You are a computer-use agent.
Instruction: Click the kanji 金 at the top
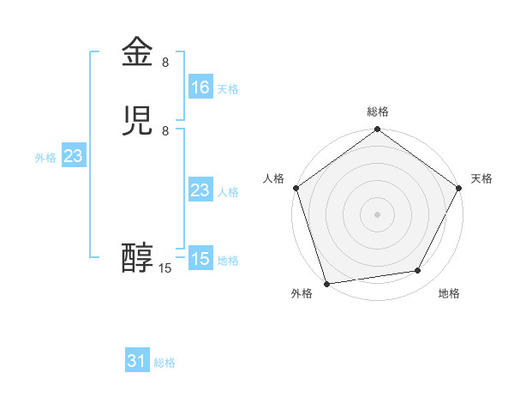pyautogui.click(x=137, y=52)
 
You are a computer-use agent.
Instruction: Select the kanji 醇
pyautogui.click(x=137, y=258)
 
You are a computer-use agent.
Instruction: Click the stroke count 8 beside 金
pyautogui.click(x=165, y=62)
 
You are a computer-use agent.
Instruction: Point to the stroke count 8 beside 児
pyautogui.click(x=165, y=130)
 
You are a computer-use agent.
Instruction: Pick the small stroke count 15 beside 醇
pyautogui.click(x=165, y=268)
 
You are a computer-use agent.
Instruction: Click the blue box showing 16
pyautogui.click(x=200, y=87)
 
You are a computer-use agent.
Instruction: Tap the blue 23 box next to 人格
pyautogui.click(x=200, y=190)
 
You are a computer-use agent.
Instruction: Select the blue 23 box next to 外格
pyautogui.click(x=73, y=156)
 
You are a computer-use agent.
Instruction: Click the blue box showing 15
pyautogui.click(x=200, y=259)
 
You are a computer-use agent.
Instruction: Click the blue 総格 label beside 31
pyautogui.click(x=164, y=364)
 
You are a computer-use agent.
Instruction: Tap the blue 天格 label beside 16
pyautogui.click(x=228, y=89)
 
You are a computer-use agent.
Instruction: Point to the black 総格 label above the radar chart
pyautogui.click(x=377, y=111)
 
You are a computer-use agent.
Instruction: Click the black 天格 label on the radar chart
pyautogui.click(x=481, y=178)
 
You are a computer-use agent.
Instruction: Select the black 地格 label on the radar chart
pyautogui.click(x=449, y=294)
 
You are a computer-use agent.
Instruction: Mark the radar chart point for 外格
pyautogui.click(x=326, y=283)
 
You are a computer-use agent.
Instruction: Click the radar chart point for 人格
pyautogui.click(x=296, y=188)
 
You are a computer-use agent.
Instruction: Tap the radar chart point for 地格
pyautogui.click(x=418, y=271)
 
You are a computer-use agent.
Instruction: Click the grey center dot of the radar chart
pyautogui.click(x=377, y=214)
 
